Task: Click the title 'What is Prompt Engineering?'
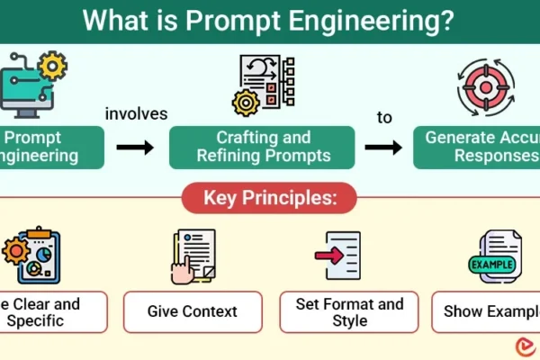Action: coord(270,20)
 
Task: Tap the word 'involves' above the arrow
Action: coord(135,114)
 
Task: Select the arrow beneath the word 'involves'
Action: coord(135,147)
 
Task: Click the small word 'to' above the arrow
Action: coord(384,118)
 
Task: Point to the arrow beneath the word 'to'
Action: coord(384,147)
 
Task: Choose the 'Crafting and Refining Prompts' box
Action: coord(264,146)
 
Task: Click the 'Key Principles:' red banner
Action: coord(270,198)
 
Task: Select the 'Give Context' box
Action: coord(193,311)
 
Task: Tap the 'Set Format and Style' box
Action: coord(349,311)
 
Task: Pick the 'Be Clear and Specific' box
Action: coord(52,311)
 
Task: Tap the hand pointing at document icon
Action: coord(192,256)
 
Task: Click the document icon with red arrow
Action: coord(342,256)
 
